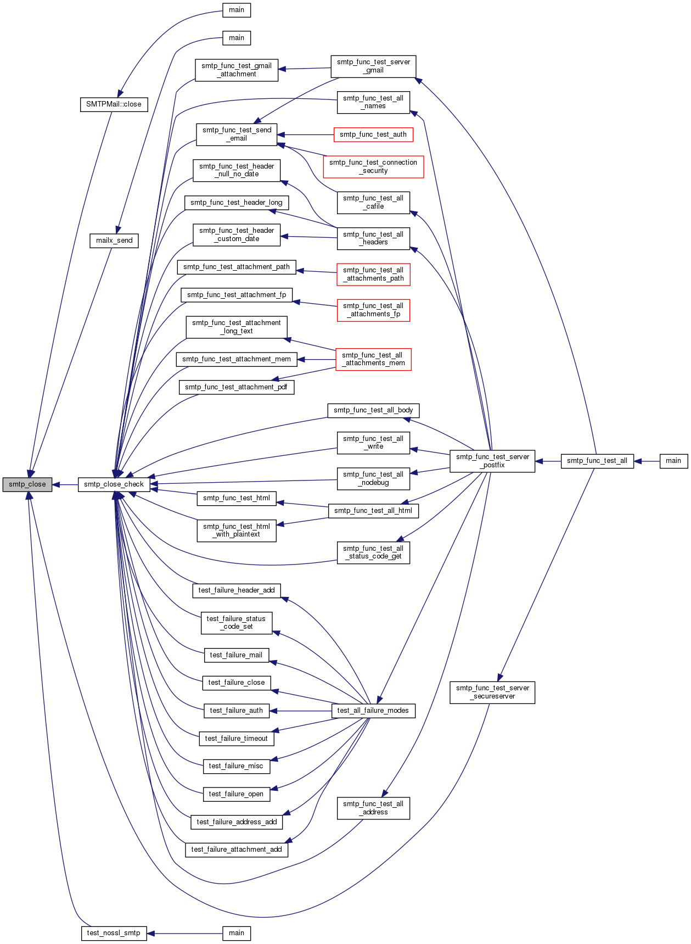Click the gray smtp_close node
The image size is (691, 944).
[27, 484]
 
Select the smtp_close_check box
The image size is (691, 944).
[114, 484]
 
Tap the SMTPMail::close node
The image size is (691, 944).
[114, 104]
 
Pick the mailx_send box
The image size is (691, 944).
[114, 241]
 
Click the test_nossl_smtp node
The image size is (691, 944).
[114, 933]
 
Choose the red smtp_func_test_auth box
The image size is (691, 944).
[373, 135]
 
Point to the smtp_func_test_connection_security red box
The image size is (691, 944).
[373, 166]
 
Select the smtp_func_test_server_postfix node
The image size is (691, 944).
[492, 461]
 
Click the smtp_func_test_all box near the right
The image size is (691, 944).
[597, 461]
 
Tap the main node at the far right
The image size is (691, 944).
[673, 461]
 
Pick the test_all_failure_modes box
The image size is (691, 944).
[373, 711]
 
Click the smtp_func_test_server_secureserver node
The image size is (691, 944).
[492, 692]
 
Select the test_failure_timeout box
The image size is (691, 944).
[236, 739]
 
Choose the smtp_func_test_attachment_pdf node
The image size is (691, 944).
[236, 387]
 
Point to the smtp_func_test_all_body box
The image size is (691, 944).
[373, 410]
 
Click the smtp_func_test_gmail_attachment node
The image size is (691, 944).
[237, 70]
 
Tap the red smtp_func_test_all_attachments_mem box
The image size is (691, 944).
[373, 359]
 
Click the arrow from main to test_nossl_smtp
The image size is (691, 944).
[184, 933]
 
